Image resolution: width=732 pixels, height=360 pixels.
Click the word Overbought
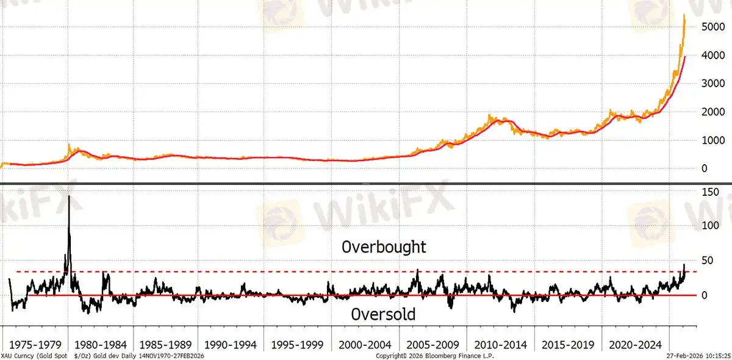coord(384,247)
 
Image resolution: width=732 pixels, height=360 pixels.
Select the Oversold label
coord(384,314)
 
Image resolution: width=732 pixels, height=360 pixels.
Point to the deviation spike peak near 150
coord(69,196)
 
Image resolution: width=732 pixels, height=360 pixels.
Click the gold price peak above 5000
coord(684,15)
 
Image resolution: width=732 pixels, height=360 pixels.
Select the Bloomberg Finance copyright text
coord(434,355)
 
